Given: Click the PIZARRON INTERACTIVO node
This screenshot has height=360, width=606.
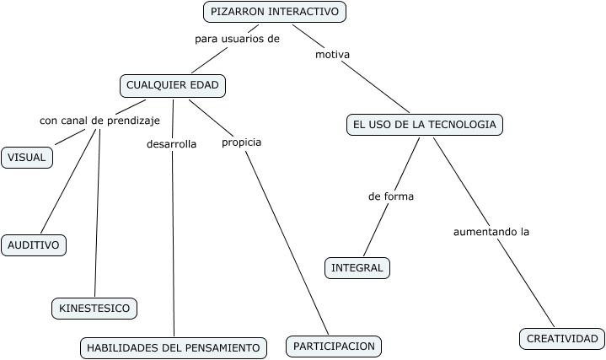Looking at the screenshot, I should coord(275,12).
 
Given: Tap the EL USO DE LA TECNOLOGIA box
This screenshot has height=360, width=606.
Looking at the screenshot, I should coord(424,125).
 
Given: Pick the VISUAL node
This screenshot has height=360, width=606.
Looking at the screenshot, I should coord(27,158).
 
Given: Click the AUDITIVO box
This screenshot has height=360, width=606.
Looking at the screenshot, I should coord(34,245).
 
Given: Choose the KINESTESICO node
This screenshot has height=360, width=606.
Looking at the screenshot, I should coord(94,309).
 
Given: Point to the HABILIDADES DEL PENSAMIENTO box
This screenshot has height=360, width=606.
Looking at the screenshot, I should coord(174,347).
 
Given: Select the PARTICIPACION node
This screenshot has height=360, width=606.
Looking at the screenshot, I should coord(334,346).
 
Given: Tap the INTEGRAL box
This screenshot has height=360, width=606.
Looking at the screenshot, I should coord(357,268).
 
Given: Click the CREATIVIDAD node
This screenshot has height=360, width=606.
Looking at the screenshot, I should coord(561,339).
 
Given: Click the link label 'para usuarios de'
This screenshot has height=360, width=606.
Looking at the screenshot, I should coord(237,39).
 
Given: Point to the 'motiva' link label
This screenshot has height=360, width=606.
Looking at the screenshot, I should coord(332,55).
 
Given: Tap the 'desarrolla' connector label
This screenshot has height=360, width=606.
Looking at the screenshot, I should coord(171,144).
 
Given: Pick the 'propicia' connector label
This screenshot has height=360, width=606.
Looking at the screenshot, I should coord(241,142).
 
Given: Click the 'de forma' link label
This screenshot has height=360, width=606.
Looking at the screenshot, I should coord(391,196).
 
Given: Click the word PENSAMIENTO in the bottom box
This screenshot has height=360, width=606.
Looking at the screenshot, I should coord(222,347).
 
